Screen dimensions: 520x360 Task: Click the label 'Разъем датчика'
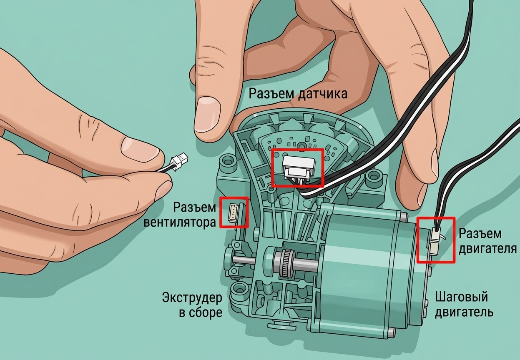tap(298, 94)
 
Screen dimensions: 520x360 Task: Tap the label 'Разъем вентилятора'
tap(180, 215)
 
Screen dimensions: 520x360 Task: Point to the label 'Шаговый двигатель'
tap(464, 305)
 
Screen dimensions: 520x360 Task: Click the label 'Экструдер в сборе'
tap(192, 305)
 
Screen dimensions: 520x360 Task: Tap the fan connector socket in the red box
tap(233, 212)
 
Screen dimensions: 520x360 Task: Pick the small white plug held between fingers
tap(179, 162)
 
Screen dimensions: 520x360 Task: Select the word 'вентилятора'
tap(180, 222)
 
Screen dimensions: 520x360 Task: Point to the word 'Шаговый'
tap(461, 297)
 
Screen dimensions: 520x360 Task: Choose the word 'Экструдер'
tap(192, 298)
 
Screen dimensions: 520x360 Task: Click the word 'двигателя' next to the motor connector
tap(488, 248)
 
